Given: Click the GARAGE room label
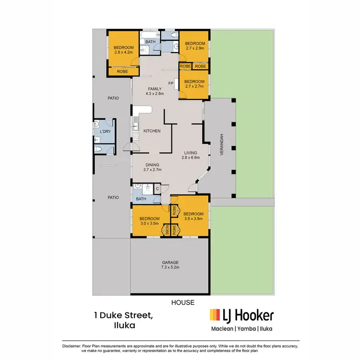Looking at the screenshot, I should [170, 262].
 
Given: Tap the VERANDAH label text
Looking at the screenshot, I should [222, 144].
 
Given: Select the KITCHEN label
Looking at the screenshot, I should [152, 131].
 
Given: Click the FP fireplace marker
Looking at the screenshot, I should [170, 84].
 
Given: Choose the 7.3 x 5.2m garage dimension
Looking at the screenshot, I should [170, 267].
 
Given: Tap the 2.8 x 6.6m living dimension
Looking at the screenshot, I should [191, 157].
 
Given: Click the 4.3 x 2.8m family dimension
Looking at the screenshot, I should [155, 94].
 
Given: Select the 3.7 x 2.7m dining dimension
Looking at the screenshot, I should [152, 169].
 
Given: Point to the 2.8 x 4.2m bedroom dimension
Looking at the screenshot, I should [123, 52].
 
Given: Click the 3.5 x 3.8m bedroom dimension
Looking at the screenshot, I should [194, 219].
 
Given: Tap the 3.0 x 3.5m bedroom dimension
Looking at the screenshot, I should [150, 224].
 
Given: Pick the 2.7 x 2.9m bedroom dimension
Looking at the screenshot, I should [194, 48].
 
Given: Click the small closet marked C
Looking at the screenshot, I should [157, 189].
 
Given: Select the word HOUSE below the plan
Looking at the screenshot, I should [183, 302].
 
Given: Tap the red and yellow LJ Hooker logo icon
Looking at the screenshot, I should [215, 315].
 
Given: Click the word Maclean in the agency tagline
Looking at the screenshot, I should [222, 329].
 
